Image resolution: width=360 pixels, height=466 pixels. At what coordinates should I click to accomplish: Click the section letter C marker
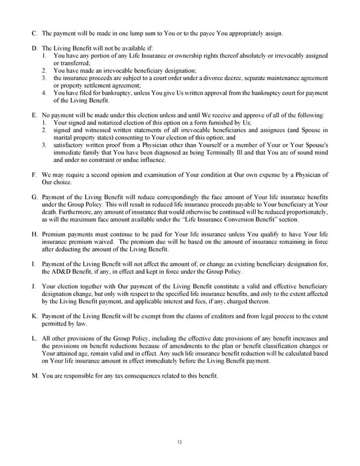34,32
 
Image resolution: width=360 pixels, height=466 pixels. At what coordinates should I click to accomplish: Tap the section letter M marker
35,376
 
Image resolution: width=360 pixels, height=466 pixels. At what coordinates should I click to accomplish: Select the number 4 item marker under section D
44,93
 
